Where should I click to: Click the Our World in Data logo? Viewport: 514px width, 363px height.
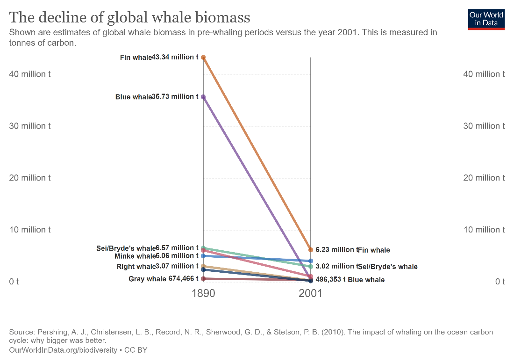(486, 19)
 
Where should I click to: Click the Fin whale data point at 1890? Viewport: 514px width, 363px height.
(203, 58)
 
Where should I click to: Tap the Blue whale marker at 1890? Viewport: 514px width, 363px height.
(203, 97)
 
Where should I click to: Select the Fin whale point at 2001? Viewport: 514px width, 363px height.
(311, 250)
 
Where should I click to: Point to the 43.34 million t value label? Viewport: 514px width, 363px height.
(175, 57)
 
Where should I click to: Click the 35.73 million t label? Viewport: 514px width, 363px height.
(175, 96)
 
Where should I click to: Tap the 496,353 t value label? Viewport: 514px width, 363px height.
(330, 279)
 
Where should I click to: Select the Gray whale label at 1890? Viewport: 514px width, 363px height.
(147, 279)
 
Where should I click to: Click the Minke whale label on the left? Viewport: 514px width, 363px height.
(135, 256)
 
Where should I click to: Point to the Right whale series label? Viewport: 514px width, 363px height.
(136, 266)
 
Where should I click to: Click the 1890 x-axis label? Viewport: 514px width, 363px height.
(204, 294)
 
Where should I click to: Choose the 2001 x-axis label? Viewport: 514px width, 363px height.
(311, 294)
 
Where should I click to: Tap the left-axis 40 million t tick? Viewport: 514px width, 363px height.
(30, 74)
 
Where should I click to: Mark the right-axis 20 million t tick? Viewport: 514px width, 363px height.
(484, 178)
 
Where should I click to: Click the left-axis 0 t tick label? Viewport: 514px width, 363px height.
(14, 281)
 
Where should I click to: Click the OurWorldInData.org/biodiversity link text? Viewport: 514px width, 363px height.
(63, 350)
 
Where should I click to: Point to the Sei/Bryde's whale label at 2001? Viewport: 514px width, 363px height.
(388, 267)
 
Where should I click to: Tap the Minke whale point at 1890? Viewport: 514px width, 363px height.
(203, 256)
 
